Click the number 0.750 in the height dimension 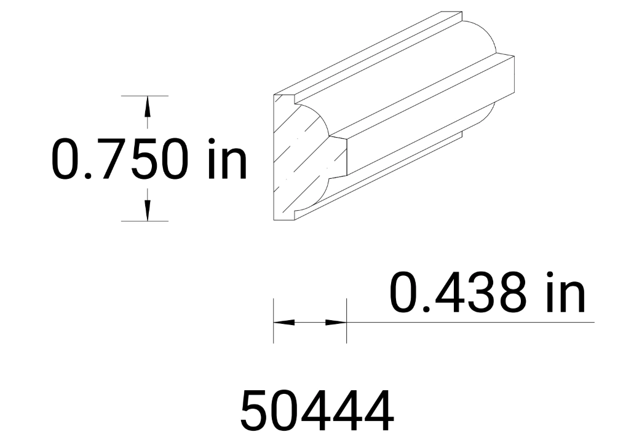(119, 159)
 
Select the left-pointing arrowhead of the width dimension (283, 322)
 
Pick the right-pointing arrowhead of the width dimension (336, 322)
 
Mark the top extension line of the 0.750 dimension (145, 96)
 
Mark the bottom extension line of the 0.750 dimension (145, 221)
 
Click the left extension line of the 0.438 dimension (274, 320)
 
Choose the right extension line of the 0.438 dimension (347, 320)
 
